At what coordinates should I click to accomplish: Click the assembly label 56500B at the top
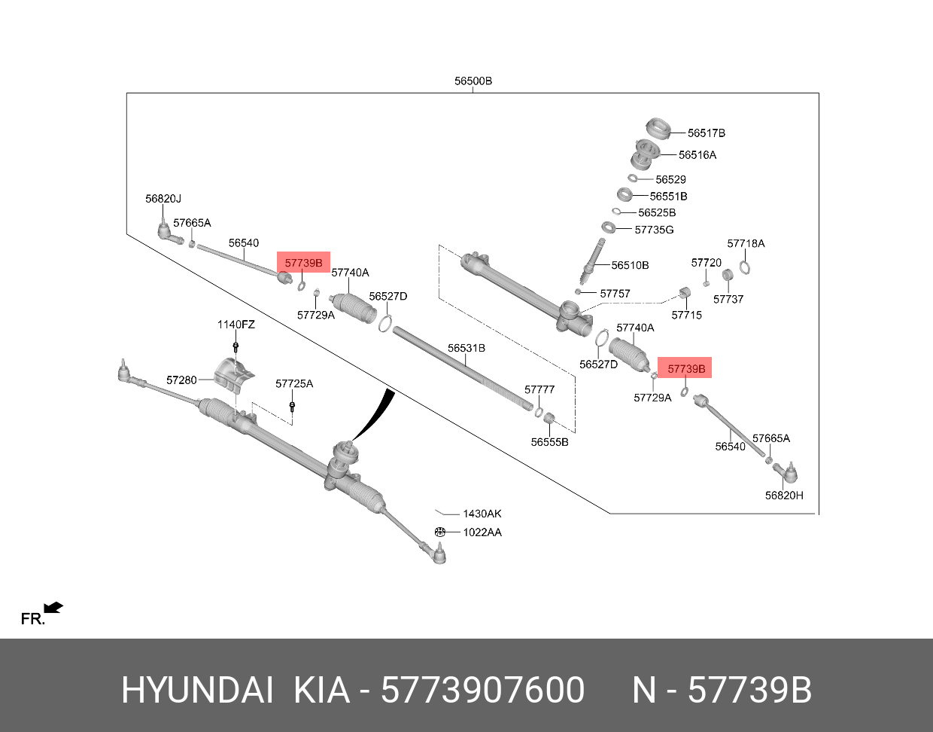pyautogui.click(x=473, y=81)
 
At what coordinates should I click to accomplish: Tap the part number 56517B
pyautogui.click(x=706, y=133)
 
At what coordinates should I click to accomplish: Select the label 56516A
pyautogui.click(x=697, y=155)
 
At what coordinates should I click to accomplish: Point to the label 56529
pyautogui.click(x=670, y=180)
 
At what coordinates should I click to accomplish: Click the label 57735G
pyautogui.click(x=654, y=230)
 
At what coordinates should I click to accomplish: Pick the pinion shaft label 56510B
pyautogui.click(x=630, y=266)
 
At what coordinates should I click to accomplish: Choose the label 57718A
pyautogui.click(x=746, y=244)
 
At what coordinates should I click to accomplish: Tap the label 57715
pyautogui.click(x=686, y=315)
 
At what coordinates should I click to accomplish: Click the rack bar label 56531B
pyautogui.click(x=466, y=349)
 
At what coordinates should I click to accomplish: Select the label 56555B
pyautogui.click(x=549, y=442)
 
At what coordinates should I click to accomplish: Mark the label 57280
pyautogui.click(x=181, y=380)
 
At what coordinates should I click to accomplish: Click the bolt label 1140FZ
pyautogui.click(x=236, y=325)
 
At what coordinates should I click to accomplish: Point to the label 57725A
pyautogui.click(x=293, y=384)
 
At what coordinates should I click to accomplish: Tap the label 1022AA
pyautogui.click(x=482, y=532)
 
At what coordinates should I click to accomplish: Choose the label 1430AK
pyautogui.click(x=482, y=514)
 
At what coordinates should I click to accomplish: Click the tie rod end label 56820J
pyautogui.click(x=163, y=199)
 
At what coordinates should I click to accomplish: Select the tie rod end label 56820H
pyautogui.click(x=784, y=496)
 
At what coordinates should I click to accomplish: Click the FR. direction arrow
pyautogui.click(x=53, y=608)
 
